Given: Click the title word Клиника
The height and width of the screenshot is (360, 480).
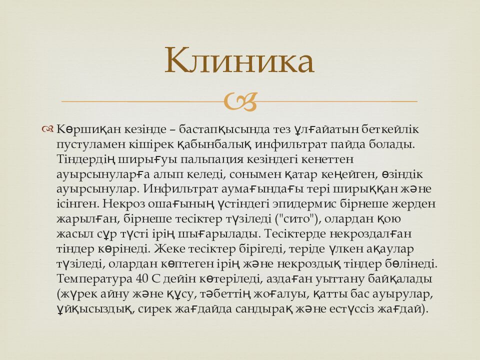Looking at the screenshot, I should (x=239, y=61).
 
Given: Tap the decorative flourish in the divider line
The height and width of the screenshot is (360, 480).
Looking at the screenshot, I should (x=240, y=101).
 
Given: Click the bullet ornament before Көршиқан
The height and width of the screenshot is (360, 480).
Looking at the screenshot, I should (x=48, y=129).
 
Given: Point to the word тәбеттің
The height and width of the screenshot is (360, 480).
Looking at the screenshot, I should (x=243, y=293).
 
